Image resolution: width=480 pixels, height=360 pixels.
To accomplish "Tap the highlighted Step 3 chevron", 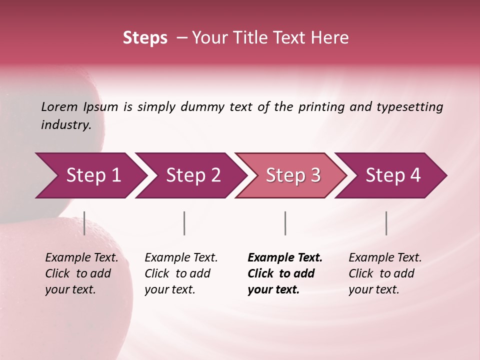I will coord(293,175).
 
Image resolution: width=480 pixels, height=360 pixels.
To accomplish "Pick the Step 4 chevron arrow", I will coord(393,175).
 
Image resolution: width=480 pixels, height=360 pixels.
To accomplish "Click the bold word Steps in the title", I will coord(145,38).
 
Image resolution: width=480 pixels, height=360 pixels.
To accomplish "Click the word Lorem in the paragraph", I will coord(59,106).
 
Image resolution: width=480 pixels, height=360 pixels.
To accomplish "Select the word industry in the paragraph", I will coord(66,125).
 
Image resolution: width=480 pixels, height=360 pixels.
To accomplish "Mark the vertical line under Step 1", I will coord(84,223).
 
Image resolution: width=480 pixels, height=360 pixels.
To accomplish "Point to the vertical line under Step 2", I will coord(184,223).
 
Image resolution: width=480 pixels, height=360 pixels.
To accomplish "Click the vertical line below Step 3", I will coord(285,223).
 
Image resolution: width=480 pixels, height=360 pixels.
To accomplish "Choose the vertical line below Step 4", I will coord(386,223).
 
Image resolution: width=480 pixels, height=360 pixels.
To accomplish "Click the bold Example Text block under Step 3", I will coord(284,273).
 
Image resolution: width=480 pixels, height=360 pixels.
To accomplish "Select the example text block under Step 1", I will coord(81,273).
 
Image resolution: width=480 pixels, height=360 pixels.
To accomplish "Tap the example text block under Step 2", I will coord(181,273).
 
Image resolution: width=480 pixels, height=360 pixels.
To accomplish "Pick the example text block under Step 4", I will coord(385,273).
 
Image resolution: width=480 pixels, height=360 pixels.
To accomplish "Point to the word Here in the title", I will coord(331,38).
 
